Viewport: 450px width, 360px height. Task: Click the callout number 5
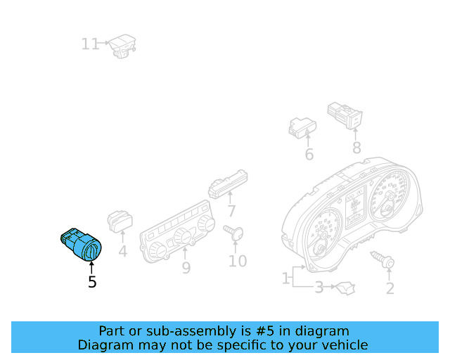pyautogui.click(x=92, y=282)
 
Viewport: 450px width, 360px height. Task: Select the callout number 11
pyautogui.click(x=90, y=44)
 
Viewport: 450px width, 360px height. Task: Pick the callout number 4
pyautogui.click(x=122, y=250)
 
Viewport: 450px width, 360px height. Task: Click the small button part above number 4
pyautogui.click(x=120, y=221)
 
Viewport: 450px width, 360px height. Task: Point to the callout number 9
pyautogui.click(x=186, y=267)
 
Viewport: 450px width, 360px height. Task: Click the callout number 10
pyautogui.click(x=238, y=261)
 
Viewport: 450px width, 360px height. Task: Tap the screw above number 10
pyautogui.click(x=233, y=231)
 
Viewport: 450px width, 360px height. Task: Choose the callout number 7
pyautogui.click(x=231, y=211)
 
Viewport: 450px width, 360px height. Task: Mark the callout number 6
pyautogui.click(x=309, y=155)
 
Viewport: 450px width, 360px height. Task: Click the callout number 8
pyautogui.click(x=356, y=148)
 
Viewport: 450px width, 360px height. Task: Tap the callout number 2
pyautogui.click(x=390, y=288)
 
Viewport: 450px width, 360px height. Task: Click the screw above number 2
pyautogui.click(x=384, y=261)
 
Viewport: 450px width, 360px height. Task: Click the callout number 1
pyautogui.click(x=285, y=279)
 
